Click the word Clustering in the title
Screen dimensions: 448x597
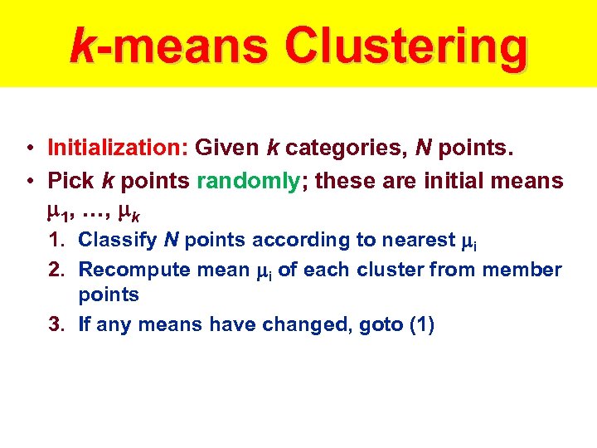click(405, 46)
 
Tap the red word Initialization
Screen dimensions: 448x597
click(119, 149)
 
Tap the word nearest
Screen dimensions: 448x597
click(417, 241)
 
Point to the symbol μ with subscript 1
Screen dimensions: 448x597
click(57, 212)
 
